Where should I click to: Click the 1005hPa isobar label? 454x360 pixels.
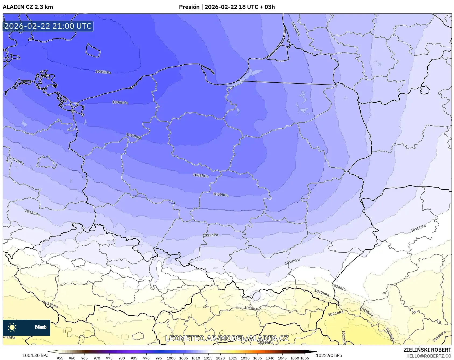pos(103,72)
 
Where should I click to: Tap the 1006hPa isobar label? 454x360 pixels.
pos(120,102)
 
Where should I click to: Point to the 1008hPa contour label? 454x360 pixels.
pos(200,175)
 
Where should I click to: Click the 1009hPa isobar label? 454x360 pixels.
pos(221,195)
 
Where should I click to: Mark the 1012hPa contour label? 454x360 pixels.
pos(210,235)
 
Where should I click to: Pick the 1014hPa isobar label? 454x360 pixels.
pos(292,262)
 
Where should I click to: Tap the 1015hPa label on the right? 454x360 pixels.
pos(418,228)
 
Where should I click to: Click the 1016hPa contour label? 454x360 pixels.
pos(339,287)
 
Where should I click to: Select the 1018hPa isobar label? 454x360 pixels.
pos(252,309)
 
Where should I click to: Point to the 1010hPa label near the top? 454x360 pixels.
pos(295,29)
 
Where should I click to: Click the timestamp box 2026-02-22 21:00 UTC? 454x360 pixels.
pos(48,26)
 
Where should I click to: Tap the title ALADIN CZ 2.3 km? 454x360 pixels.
pos(28,7)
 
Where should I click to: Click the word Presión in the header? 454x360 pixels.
pos(189,7)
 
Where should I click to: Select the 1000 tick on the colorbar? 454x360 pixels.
pos(171,358)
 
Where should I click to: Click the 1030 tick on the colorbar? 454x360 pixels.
pos(245,358)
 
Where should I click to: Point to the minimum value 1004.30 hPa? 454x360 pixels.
pos(35,355)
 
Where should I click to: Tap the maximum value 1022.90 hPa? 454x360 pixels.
pos(329,355)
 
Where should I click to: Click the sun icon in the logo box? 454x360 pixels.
pos(12,327)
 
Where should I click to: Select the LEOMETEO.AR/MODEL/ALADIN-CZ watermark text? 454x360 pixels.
pos(227,338)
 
